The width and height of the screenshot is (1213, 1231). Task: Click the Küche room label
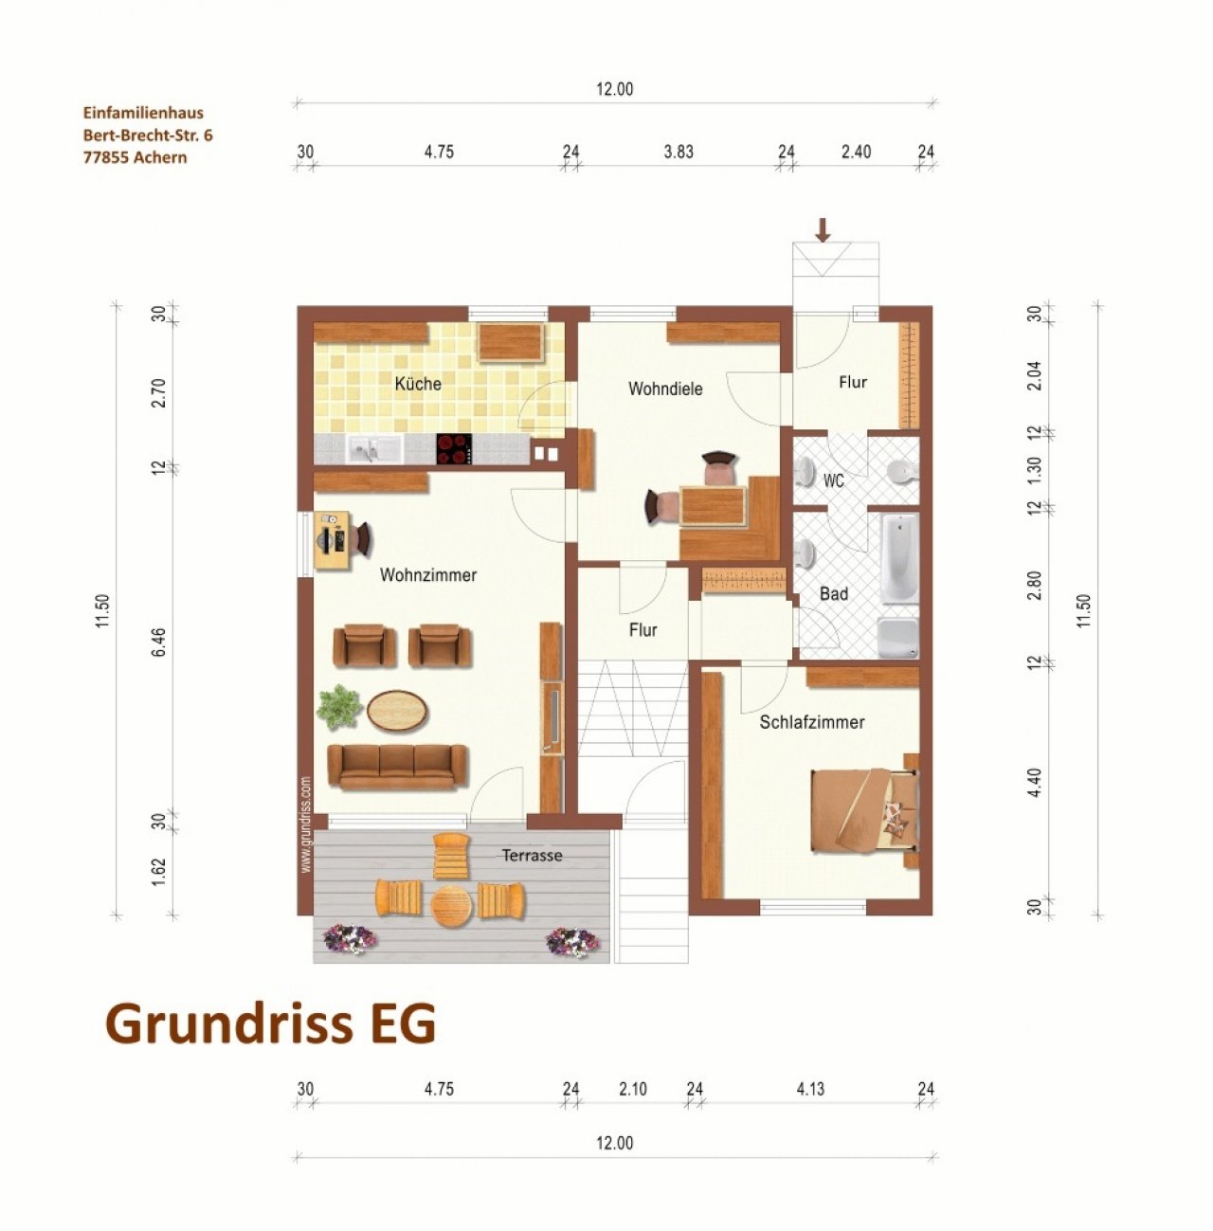pyautogui.click(x=418, y=383)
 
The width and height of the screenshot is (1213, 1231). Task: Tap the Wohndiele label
pyautogui.click(x=665, y=389)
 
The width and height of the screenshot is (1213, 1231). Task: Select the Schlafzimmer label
pyautogui.click(x=811, y=722)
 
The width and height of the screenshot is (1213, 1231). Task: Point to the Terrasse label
pyautogui.click(x=532, y=855)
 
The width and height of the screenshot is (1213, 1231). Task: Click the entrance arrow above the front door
pyautogui.click(x=824, y=230)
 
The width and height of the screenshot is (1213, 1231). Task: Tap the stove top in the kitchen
pyautogui.click(x=454, y=448)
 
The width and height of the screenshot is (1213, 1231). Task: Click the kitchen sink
pyautogui.click(x=374, y=448)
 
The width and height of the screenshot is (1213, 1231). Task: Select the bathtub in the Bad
pyautogui.click(x=900, y=559)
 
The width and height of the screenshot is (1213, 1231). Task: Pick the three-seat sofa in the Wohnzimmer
pyautogui.click(x=397, y=768)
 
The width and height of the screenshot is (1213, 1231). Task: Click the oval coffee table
pyautogui.click(x=397, y=709)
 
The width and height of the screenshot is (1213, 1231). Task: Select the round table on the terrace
pyautogui.click(x=451, y=906)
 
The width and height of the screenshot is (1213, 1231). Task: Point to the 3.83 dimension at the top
pyautogui.click(x=679, y=152)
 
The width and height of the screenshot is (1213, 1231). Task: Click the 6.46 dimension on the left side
pyautogui.click(x=159, y=642)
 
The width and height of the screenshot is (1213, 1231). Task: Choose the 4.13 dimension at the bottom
pyautogui.click(x=810, y=1089)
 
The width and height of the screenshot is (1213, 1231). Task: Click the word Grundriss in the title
pyautogui.click(x=229, y=1023)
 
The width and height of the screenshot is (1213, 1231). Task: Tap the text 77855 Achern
pyautogui.click(x=136, y=158)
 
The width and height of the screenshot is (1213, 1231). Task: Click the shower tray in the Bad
pyautogui.click(x=898, y=638)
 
